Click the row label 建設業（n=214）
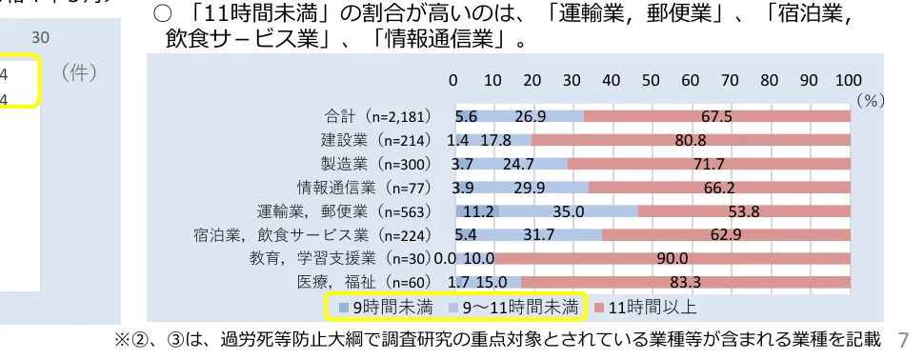(376, 140)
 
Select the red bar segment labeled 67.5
(715, 117)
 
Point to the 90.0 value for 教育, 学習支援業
(673, 258)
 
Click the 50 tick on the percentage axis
(652, 80)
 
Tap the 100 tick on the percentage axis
(849, 80)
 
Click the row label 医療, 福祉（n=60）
(366, 282)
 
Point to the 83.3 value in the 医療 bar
(686, 282)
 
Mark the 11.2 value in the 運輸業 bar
(477, 211)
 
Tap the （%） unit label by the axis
(871, 98)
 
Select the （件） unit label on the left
(77, 73)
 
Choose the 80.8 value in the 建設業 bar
(690, 140)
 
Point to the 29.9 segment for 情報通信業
(530, 188)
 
